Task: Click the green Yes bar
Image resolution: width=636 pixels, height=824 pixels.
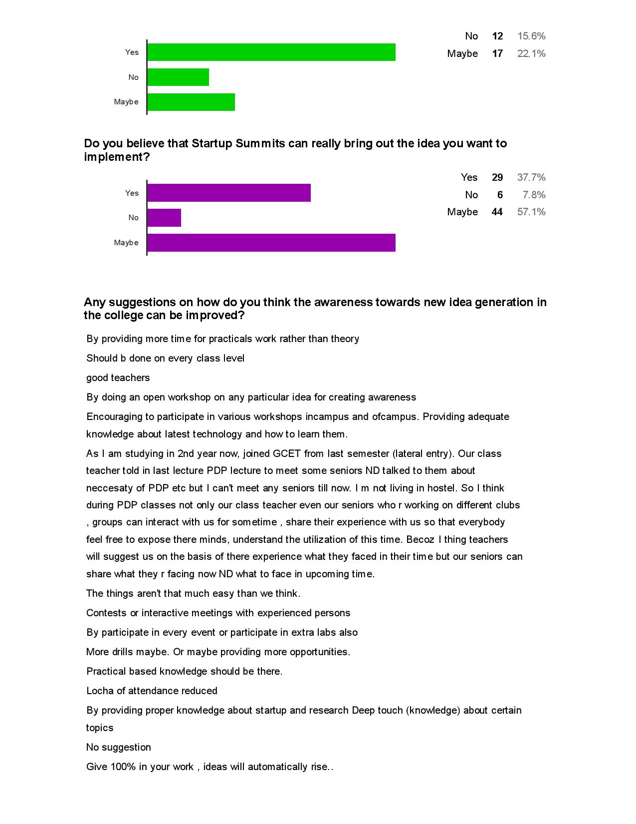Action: tap(271, 52)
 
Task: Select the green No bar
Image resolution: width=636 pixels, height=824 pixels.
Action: tap(178, 77)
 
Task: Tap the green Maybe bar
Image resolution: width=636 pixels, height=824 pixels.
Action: tap(191, 102)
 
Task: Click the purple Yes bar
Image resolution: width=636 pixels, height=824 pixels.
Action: tap(229, 193)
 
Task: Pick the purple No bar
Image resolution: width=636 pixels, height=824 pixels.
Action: tap(164, 218)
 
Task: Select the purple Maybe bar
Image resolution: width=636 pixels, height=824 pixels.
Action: tap(271, 243)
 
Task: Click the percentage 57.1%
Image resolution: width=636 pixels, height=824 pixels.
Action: tap(531, 212)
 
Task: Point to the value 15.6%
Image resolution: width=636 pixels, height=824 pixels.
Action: tap(531, 36)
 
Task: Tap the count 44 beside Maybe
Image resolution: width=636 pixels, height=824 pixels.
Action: tap(497, 212)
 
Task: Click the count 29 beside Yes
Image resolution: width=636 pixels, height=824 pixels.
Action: tap(497, 177)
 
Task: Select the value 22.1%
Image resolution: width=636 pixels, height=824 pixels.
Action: tap(531, 53)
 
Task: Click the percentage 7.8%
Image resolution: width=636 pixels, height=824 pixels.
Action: tap(534, 195)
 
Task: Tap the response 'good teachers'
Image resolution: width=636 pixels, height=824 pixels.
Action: tap(118, 378)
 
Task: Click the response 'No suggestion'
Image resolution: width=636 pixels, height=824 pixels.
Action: tap(118, 748)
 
